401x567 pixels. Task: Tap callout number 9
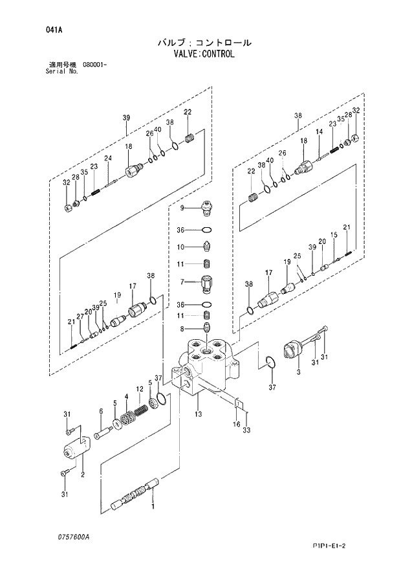click(x=182, y=208)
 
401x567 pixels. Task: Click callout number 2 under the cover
click(x=82, y=475)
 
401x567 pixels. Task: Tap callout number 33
click(x=246, y=430)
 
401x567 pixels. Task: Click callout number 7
click(x=182, y=282)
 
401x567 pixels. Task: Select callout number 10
click(x=182, y=247)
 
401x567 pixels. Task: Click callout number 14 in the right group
click(x=318, y=133)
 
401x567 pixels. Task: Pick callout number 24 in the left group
click(x=108, y=159)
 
